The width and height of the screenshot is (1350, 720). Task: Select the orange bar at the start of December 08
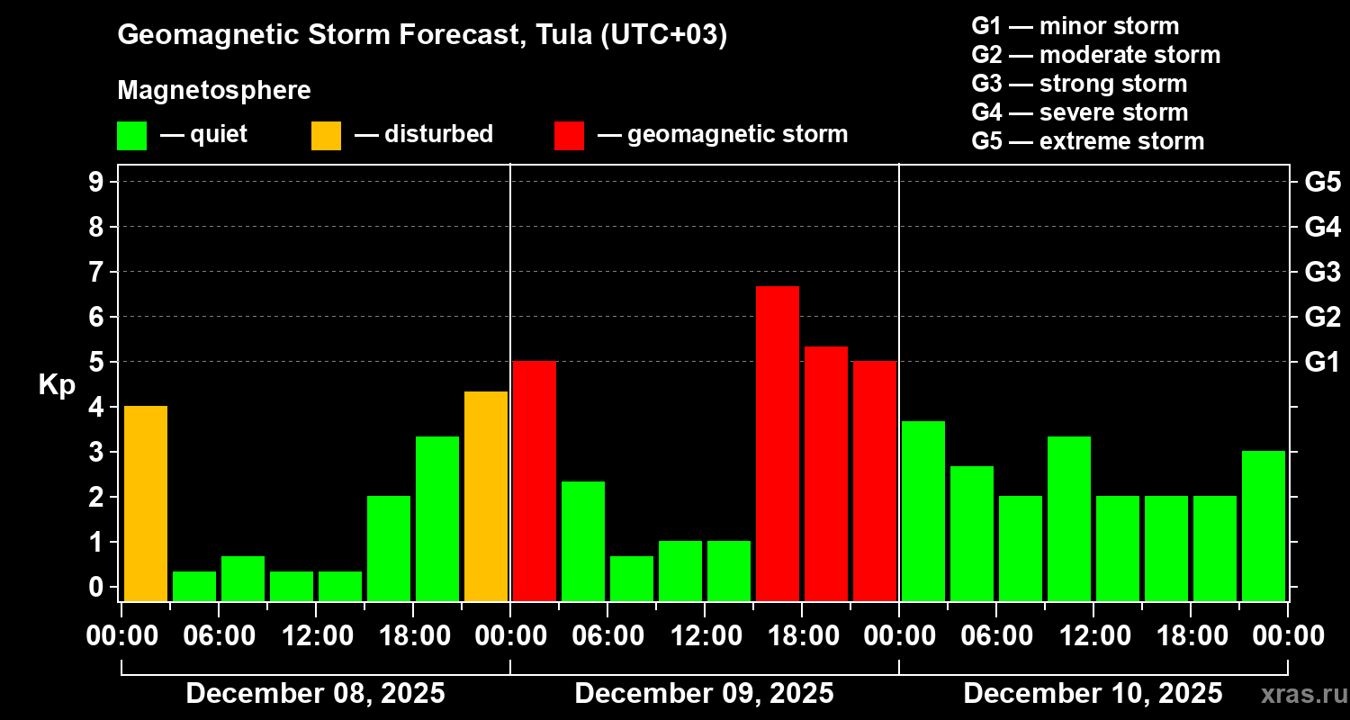[146, 503]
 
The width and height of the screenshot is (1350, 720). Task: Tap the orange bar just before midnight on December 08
[486, 496]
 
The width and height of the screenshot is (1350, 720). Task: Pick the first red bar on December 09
[535, 481]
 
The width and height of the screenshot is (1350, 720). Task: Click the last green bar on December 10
[1264, 526]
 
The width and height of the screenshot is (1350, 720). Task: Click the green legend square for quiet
[131, 135]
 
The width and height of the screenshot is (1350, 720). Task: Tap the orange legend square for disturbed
[326, 135]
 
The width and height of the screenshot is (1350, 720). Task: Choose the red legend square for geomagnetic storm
[569, 135]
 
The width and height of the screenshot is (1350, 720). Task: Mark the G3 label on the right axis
[1322, 272]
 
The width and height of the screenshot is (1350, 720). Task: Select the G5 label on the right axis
[1322, 182]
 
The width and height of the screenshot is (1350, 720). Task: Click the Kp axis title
[57, 385]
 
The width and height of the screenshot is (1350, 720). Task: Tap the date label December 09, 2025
[704, 694]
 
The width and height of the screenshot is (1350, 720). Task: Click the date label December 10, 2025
[1093, 694]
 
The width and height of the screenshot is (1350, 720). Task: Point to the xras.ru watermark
[1297, 695]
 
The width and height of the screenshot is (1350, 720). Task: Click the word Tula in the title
[562, 35]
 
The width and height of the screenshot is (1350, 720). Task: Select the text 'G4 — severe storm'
[1079, 112]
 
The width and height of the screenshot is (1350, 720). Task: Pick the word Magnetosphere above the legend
[214, 91]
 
